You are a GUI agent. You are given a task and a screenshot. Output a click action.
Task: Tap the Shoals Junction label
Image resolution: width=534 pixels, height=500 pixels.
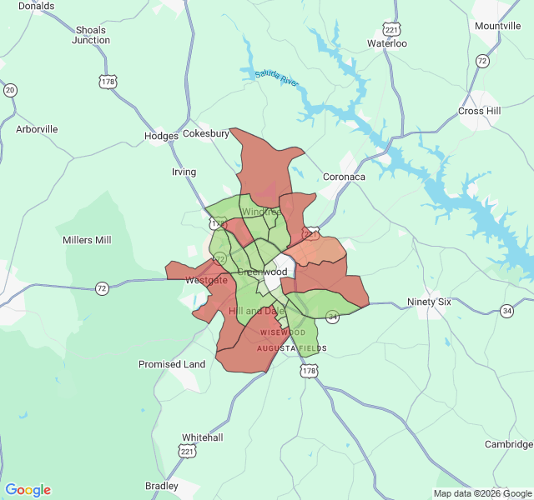(90, 35)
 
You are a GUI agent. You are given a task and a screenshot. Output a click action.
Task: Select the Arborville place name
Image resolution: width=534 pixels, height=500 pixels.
(38, 129)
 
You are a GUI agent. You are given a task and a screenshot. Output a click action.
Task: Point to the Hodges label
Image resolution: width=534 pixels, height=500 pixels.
(161, 136)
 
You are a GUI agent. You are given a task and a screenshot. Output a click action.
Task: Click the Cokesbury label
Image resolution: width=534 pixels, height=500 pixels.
(206, 133)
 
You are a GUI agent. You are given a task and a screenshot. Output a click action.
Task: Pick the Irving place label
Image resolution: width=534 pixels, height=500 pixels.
(184, 172)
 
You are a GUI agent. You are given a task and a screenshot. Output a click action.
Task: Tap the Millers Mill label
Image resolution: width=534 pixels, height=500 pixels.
(87, 240)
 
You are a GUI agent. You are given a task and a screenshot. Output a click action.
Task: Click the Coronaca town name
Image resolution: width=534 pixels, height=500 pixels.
(344, 177)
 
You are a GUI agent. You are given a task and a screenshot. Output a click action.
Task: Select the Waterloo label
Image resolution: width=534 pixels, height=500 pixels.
(387, 43)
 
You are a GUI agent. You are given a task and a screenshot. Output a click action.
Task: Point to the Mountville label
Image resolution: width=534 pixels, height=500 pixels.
(497, 26)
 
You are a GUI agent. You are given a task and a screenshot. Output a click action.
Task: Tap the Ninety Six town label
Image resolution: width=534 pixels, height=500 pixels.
(429, 302)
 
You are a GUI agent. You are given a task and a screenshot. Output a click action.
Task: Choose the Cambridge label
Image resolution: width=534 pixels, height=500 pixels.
(508, 444)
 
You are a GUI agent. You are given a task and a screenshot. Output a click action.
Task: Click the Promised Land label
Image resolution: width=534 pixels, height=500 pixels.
(172, 364)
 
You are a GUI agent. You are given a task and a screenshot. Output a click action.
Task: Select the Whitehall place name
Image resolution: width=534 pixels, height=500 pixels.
(203, 437)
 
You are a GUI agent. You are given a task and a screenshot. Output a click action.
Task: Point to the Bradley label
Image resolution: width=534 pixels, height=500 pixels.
(162, 486)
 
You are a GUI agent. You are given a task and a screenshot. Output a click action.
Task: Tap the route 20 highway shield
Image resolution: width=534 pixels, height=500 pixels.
(10, 89)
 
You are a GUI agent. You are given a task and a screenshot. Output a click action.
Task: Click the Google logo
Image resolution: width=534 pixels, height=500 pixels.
(28, 490)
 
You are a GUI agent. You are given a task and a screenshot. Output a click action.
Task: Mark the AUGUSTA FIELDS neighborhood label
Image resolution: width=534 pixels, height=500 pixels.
(291, 348)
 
